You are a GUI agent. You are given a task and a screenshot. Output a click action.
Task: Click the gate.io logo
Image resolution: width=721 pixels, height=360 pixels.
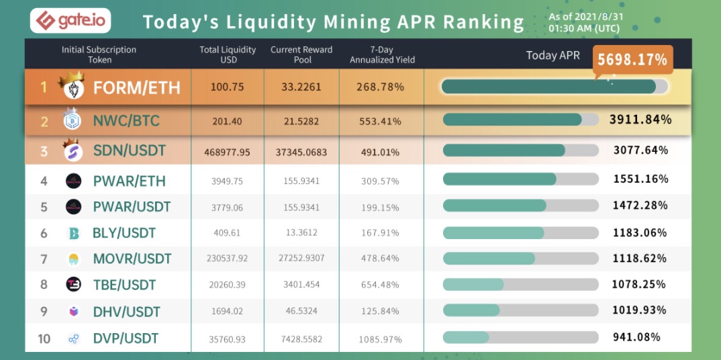[70, 21]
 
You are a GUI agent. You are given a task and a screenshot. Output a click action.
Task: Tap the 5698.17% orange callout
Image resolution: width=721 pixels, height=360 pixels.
[632, 60]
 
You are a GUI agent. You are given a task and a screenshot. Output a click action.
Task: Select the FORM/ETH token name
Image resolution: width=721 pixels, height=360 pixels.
[136, 87]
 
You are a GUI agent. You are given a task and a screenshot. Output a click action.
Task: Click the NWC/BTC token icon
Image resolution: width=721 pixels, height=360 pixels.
[72, 121]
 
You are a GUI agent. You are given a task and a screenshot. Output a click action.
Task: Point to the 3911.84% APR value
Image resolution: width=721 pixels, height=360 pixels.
[640, 120]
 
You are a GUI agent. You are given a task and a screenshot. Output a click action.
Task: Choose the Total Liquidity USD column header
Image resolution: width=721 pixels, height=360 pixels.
[228, 54]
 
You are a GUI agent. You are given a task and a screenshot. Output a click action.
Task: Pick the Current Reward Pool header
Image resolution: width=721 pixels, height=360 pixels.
[302, 54]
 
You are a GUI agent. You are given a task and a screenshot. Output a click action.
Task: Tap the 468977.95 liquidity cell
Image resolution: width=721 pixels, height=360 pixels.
[227, 152]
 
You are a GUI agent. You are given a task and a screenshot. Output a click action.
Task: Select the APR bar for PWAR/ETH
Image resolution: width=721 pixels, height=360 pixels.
[520, 179]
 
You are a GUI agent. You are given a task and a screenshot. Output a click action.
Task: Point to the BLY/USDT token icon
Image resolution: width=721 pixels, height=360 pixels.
[73, 233]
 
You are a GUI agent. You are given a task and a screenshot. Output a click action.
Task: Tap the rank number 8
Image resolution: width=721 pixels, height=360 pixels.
[44, 285]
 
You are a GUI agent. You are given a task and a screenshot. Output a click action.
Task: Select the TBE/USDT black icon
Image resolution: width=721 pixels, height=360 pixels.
[73, 285]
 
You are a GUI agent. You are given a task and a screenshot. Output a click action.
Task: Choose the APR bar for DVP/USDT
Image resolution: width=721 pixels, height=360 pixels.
[520, 337]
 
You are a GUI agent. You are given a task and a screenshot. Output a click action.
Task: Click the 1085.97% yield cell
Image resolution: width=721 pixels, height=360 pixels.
[380, 338]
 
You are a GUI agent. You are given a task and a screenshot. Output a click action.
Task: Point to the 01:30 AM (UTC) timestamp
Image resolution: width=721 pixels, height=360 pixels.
[584, 29]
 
